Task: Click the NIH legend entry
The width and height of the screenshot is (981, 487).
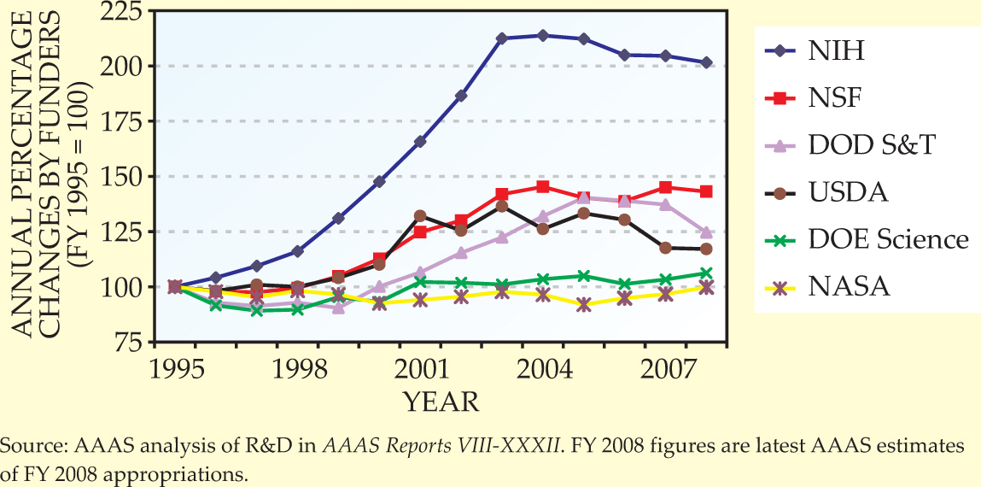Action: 836,51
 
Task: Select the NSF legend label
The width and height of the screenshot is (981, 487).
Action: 835,98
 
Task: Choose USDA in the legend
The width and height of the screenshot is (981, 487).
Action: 848,192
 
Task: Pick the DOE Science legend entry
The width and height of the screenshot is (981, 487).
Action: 888,239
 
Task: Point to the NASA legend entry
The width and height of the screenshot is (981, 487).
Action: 850,286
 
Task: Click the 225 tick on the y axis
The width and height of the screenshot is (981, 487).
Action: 123,11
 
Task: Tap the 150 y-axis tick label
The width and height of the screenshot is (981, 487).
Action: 123,177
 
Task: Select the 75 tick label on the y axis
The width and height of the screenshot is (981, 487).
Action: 131,343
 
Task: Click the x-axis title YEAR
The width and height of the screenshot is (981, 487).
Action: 441,401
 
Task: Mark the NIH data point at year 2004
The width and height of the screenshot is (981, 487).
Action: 542,35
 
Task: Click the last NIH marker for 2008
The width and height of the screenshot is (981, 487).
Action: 706,62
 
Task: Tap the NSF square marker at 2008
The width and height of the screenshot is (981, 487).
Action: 706,191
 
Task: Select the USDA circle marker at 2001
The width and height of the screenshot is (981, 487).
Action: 420,216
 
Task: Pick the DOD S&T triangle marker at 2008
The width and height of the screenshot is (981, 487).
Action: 706,232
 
